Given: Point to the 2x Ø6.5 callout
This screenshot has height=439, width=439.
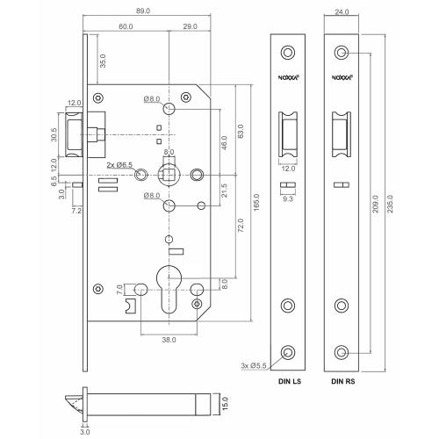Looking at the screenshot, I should click(119, 164).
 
